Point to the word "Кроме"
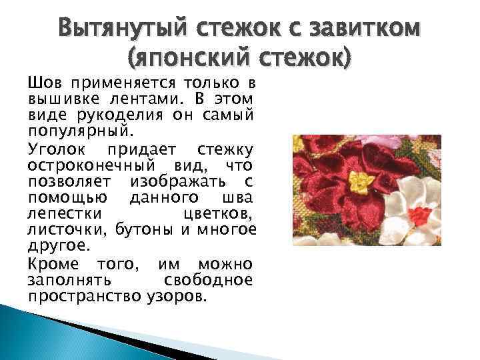pos(52,264)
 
